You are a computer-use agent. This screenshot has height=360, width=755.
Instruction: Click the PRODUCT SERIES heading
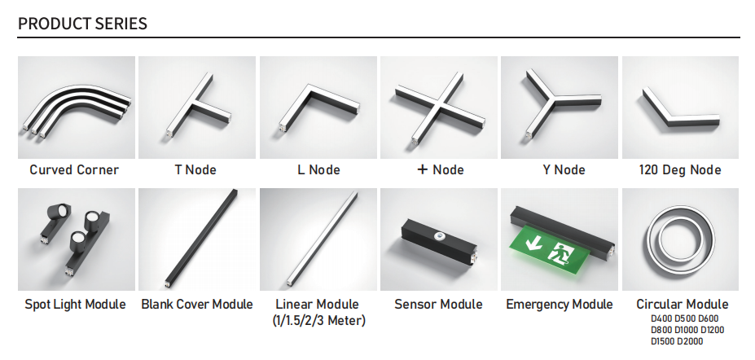click(x=82, y=23)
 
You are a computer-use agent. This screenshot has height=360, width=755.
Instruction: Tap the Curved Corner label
click(x=74, y=170)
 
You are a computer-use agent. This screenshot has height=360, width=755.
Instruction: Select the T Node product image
click(x=197, y=108)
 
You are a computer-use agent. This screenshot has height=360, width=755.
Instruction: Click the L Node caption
click(x=318, y=170)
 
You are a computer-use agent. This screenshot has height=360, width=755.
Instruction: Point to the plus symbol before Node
click(x=422, y=169)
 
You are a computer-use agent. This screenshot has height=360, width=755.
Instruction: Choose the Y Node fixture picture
click(x=559, y=108)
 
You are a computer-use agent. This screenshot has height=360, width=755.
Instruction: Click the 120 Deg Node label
click(x=680, y=170)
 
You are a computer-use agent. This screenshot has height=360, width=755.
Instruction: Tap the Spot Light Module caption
click(x=75, y=304)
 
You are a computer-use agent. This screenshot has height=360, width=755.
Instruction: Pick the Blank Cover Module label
click(x=197, y=304)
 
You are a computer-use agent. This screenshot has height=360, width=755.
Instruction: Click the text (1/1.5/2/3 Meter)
click(x=318, y=321)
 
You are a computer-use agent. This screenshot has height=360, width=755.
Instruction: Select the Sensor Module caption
click(x=438, y=304)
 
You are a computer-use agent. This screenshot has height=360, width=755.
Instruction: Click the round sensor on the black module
click(x=439, y=236)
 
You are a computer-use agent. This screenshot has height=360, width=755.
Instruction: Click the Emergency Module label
click(x=560, y=304)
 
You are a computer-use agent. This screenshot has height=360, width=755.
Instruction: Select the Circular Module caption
click(x=683, y=304)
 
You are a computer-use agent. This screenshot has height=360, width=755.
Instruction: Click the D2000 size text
click(x=690, y=342)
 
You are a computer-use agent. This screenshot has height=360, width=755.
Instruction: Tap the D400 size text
click(x=661, y=318)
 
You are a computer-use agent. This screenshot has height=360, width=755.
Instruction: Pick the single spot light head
click(x=59, y=213)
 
